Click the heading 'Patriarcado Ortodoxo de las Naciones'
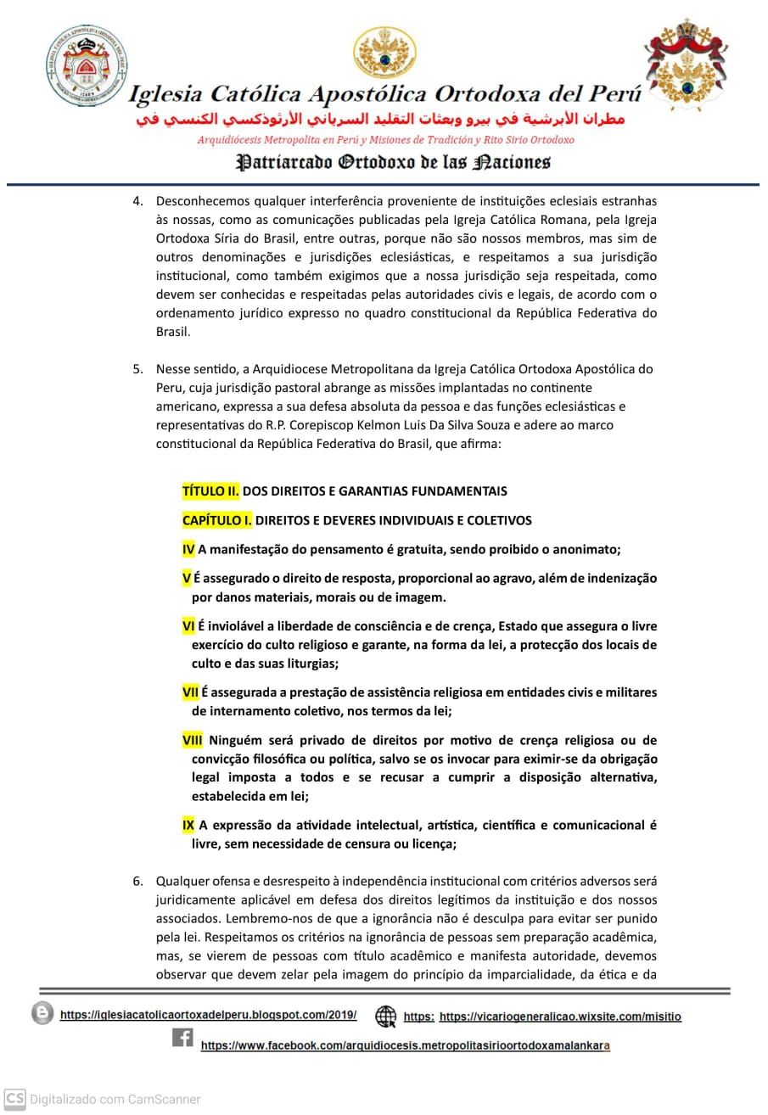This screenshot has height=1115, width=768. coord(393,161)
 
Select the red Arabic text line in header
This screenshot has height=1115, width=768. coord(380,120)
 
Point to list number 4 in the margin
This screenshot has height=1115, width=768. coord(137,201)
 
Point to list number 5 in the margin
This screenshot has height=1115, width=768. coord(137,369)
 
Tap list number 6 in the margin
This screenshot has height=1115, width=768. coord(137,881)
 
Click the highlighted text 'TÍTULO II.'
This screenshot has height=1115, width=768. coord(210,490)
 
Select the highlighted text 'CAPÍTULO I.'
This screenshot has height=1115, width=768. coord(216,519)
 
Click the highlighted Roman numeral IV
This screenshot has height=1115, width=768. coord(188,549)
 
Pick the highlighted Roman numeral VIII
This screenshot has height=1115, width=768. coord(193,740)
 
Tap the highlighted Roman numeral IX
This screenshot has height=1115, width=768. coord(188,825)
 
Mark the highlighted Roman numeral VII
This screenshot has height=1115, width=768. coord(190,692)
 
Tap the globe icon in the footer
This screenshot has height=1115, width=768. coord(386,1016)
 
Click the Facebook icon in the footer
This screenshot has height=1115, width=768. coord(182,1037)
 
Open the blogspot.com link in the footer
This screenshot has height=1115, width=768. coord(208,1015)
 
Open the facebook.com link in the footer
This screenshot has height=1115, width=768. coord(405,1046)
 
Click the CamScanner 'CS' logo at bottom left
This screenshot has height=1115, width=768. coord(14,1099)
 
